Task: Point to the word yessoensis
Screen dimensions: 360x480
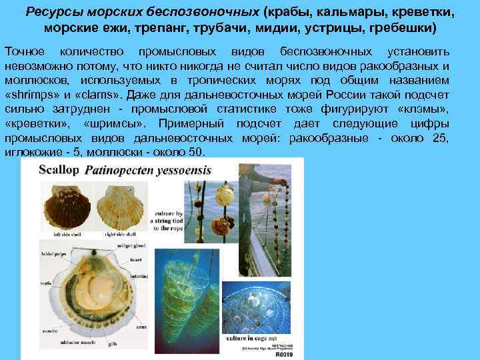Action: point(181,171)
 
